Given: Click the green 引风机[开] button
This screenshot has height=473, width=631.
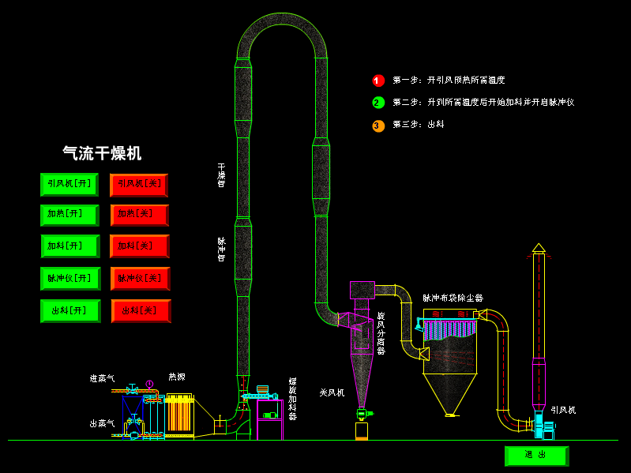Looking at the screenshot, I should pyautogui.click(x=69, y=184).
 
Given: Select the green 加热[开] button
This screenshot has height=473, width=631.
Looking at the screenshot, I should pyautogui.click(x=69, y=215).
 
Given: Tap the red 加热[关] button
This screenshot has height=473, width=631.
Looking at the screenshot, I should pyautogui.click(x=139, y=215).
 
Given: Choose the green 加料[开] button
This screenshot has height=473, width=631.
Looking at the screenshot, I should pyautogui.click(x=69, y=246).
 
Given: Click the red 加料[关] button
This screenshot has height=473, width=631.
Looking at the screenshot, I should pyautogui.click(x=139, y=246).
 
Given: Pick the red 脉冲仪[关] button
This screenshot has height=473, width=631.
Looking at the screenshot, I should pyautogui.click(x=140, y=278).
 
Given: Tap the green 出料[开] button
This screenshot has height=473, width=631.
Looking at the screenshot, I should pyautogui.click(x=69, y=310).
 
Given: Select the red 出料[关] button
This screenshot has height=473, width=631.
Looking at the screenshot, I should pyautogui.click(x=141, y=310).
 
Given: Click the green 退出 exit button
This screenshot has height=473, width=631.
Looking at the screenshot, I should pyautogui.click(x=535, y=456).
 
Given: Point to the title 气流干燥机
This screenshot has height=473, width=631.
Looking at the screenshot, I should pyautogui.click(x=102, y=153).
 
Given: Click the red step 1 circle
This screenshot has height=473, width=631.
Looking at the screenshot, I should pyautogui.click(x=378, y=81).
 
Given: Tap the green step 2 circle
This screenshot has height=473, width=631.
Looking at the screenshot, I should pyautogui.click(x=378, y=103).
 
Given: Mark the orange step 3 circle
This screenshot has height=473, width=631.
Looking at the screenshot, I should pyautogui.click(x=378, y=126).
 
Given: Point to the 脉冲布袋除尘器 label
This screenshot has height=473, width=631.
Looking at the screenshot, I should pyautogui.click(x=453, y=298).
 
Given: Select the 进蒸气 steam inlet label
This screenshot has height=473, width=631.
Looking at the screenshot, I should pyautogui.click(x=102, y=379).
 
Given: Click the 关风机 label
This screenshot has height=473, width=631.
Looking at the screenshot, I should pyautogui.click(x=332, y=392).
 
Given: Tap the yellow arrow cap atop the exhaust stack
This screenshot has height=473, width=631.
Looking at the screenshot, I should pyautogui.click(x=539, y=248).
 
